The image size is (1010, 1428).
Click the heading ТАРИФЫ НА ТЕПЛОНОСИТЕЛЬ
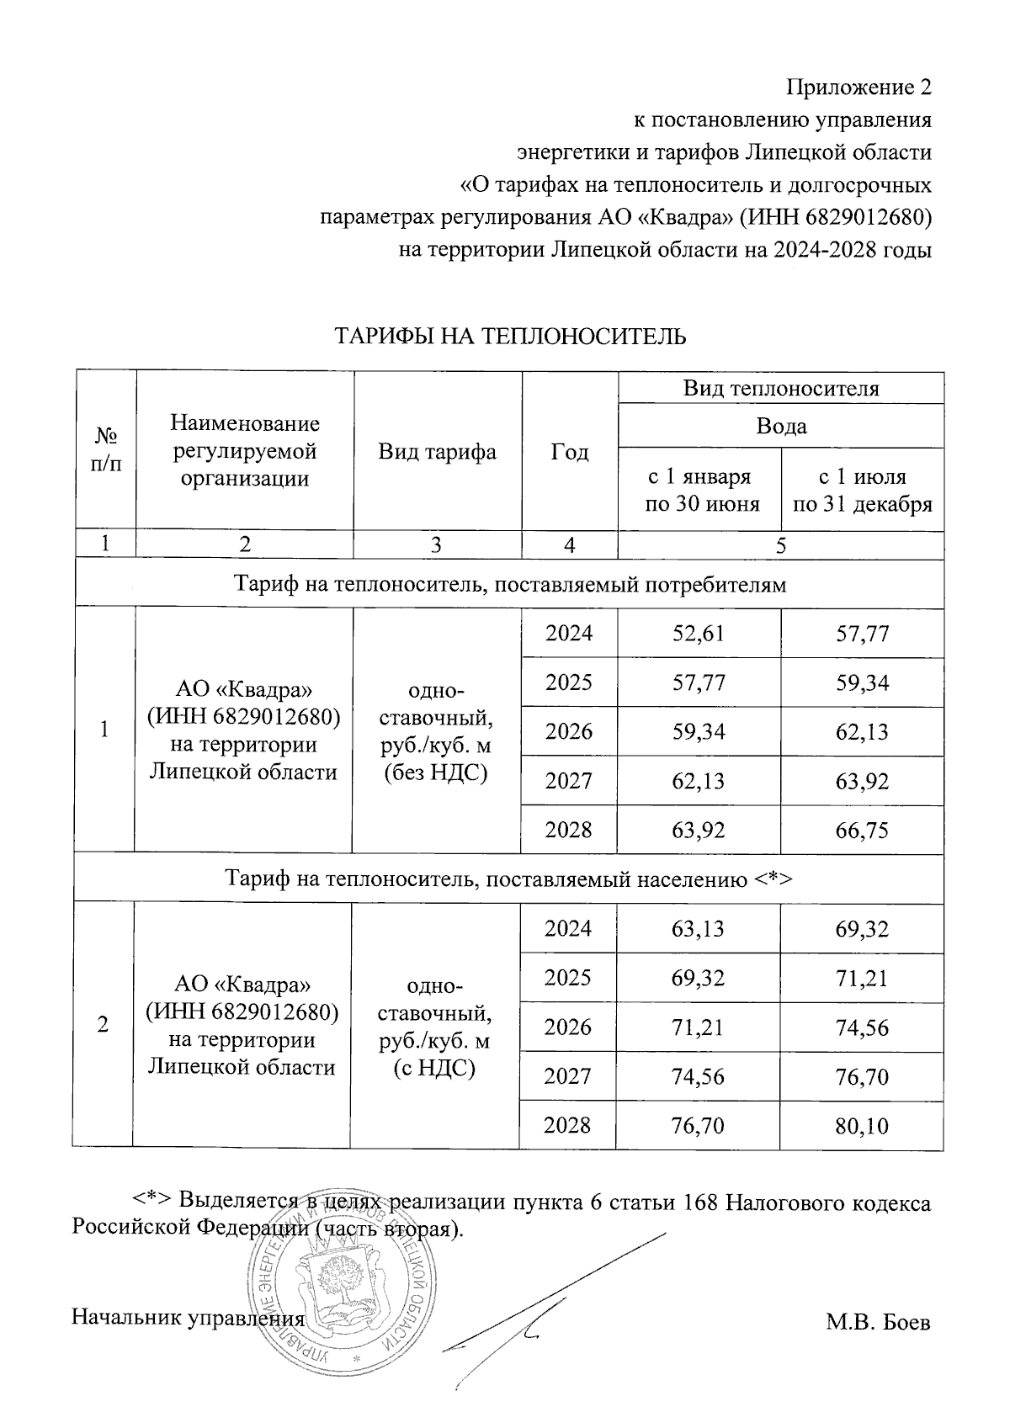coord(511,337)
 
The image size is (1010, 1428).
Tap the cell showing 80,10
coord(862,1126)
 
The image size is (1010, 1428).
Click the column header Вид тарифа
coord(437,452)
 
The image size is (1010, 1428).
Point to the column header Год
coord(569,452)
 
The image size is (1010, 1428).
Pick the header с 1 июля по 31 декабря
coord(862,491)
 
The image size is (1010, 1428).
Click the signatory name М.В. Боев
coord(878,1322)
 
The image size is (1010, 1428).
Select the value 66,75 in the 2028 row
coord(862,831)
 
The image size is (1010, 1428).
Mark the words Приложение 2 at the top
coord(858,88)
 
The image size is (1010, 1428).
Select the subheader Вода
coord(780,426)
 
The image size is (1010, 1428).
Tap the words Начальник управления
coord(187,1317)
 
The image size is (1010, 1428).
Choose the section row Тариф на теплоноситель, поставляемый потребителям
coord(509,584)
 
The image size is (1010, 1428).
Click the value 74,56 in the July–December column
coord(862,1027)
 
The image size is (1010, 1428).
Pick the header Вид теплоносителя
coord(780,388)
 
